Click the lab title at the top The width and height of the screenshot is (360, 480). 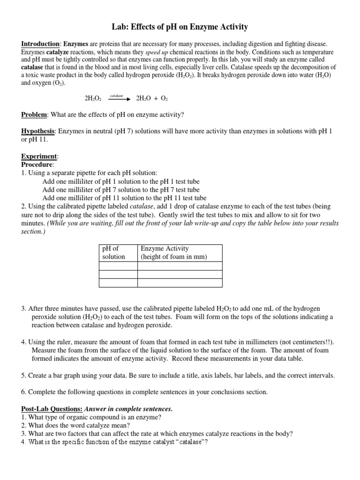tap(180, 27)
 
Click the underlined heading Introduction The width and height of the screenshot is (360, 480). tap(40, 44)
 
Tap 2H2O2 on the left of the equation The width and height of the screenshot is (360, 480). tap(93, 99)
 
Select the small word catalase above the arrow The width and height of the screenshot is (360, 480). tap(116, 95)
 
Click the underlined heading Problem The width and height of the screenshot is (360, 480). tap(34, 115)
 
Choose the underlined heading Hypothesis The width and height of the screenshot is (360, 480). tap(38, 132)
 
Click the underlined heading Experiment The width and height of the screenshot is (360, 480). tap(39, 156)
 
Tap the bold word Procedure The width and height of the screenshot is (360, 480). tap(37, 165)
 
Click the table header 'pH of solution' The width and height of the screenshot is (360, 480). tap(114, 253)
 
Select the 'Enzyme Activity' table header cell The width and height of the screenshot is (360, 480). tap(173, 253)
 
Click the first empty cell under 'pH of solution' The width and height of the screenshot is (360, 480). tap(118, 266)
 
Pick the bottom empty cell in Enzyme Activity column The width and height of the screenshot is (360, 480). tap(180, 282)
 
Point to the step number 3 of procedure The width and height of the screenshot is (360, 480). tap(23, 309)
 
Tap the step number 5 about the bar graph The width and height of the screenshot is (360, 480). tap(23, 375)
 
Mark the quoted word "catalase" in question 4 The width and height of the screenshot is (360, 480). tap(191, 442)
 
